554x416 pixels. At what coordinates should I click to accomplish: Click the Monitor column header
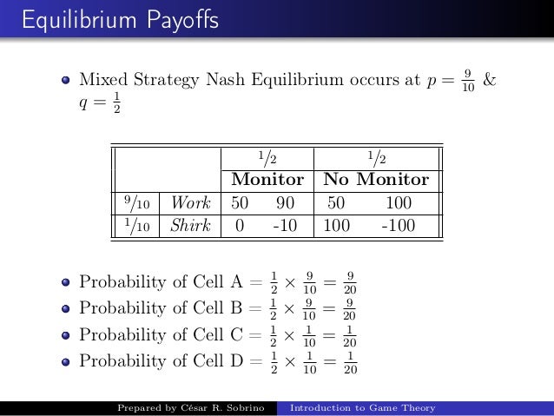coord(267,180)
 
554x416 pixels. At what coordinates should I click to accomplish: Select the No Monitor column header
coord(376,180)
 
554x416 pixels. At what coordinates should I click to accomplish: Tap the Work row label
coord(190,203)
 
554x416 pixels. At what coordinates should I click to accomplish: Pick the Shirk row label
coord(190,226)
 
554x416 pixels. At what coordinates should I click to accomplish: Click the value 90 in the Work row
coord(285,203)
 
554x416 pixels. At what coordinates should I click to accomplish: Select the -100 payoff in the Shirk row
coord(399,226)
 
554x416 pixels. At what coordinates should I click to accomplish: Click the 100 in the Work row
coord(399,203)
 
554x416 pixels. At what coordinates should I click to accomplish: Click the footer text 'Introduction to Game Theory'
coord(363,407)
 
